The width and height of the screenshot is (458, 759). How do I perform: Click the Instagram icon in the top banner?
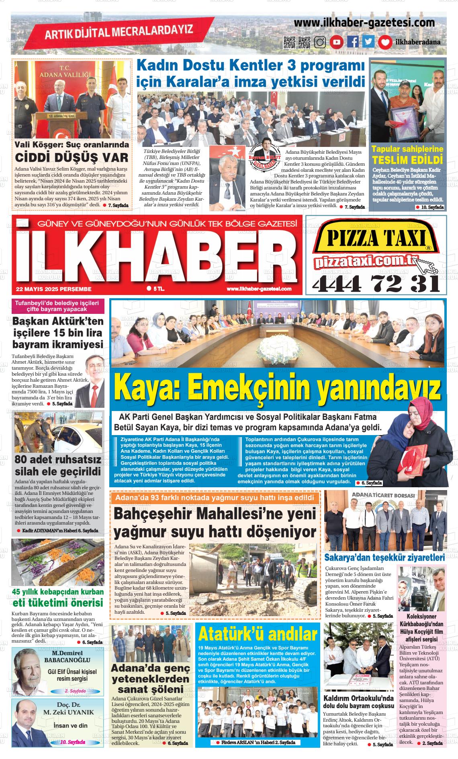[320, 42]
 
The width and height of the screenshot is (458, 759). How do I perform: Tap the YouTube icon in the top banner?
[337, 42]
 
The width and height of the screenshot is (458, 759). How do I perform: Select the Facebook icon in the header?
[353, 42]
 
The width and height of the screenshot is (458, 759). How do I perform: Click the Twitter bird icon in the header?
[368, 42]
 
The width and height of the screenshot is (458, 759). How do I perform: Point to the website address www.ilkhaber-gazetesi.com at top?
[364, 23]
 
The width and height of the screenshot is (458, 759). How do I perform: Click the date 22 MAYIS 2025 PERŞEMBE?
[54, 289]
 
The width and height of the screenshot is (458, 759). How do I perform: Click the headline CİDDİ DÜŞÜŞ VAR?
[72, 157]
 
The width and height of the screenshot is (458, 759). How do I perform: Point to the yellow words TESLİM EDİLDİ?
[407, 160]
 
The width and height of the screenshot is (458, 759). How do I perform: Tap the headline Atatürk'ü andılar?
[258, 634]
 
